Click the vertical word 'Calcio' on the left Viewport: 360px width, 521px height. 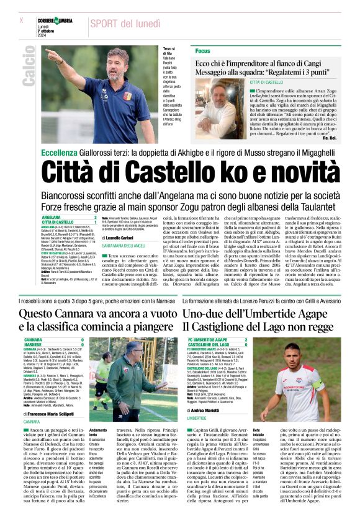point(28,68)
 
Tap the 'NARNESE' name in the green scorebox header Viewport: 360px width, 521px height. point(34,345)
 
